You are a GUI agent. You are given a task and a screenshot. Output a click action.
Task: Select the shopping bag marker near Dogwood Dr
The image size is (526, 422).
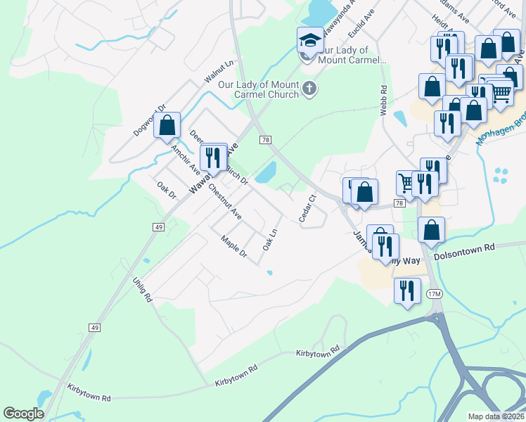pos(167,126)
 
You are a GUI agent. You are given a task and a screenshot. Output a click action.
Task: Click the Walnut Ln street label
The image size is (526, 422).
pos(219,72)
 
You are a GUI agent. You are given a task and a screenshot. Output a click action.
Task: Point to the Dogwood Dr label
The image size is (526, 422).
pos(148,121)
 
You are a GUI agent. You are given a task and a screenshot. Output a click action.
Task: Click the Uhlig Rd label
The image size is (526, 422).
pos(143,289)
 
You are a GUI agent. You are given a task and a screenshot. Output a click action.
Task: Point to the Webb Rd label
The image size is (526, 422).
pos(384,101)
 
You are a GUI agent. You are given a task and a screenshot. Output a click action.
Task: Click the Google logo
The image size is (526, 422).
pos(23,414)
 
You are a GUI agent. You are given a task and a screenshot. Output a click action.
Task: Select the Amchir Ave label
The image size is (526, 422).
pos(186,161)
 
